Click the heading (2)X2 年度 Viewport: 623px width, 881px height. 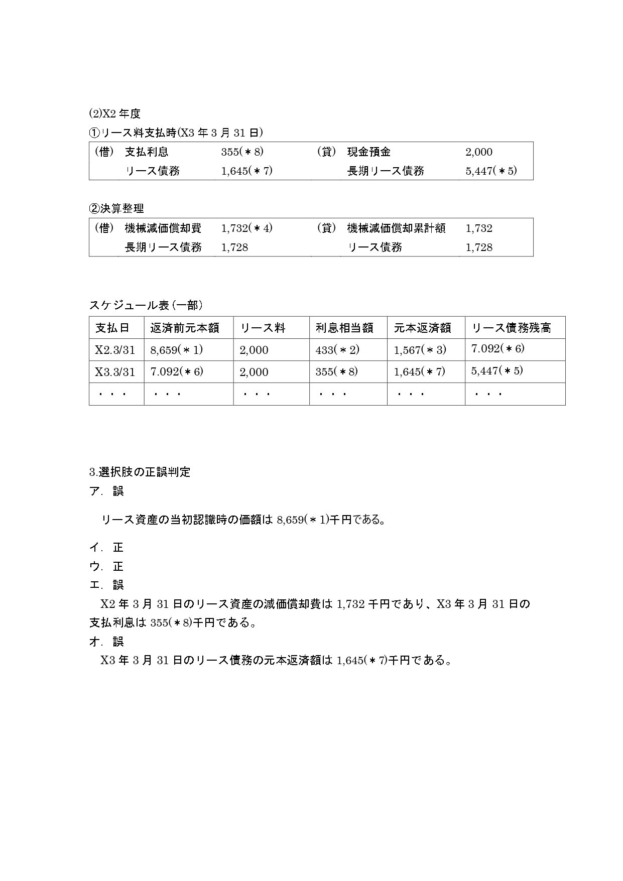point(114,114)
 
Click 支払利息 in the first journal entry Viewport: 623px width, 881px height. point(147,152)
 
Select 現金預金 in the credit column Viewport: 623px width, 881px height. point(368,152)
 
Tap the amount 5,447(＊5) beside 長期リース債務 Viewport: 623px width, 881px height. point(491,171)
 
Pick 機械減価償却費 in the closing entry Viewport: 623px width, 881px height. point(163,228)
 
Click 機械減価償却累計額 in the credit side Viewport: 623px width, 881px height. point(396,228)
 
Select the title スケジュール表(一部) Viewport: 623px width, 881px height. point(146,305)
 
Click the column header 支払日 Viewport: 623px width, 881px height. point(112,328)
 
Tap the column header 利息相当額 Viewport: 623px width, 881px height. point(344,328)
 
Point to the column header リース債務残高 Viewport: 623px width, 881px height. point(511,328)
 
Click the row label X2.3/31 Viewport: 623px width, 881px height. point(115,350)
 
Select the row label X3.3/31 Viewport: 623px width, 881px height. point(115,372)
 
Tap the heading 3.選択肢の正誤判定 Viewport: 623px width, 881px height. point(140,472)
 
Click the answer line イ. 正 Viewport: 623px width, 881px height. point(106,547)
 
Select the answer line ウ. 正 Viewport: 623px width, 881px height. point(106,566)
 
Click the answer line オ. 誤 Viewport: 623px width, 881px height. point(106,641)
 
